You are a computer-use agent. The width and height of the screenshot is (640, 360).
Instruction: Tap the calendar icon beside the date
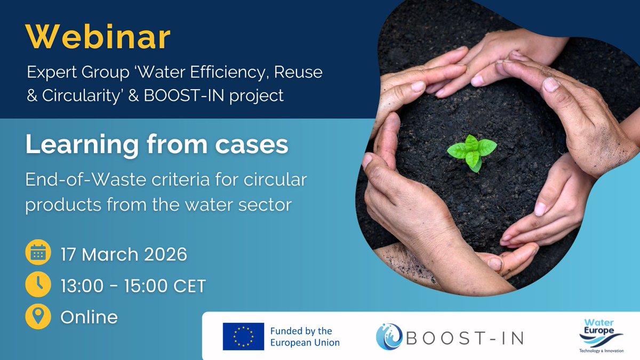(38, 254)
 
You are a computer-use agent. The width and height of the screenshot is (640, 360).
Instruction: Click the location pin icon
(38, 317)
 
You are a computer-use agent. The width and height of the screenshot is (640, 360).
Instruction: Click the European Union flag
(244, 337)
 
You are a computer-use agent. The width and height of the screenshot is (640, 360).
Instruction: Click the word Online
(89, 317)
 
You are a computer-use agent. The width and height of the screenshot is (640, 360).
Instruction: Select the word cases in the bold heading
(251, 146)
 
